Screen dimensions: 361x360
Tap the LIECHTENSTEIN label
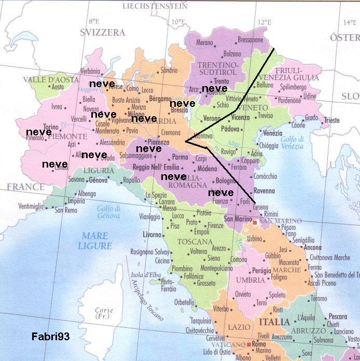click(155, 6)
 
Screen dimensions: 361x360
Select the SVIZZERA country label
click(103, 32)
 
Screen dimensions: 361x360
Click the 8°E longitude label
click(93, 21)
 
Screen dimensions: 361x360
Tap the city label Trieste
click(331, 120)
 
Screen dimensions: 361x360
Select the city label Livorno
click(153, 235)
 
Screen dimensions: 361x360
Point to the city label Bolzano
click(232, 53)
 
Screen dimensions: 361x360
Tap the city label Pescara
click(338, 316)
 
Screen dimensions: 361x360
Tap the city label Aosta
click(58, 87)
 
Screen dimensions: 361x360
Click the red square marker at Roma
click(250, 344)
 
